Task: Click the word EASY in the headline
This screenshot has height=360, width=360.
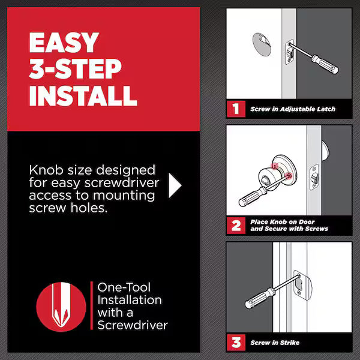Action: pyautogui.click(x=64, y=44)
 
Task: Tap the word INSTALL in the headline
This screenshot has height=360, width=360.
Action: pyautogui.click(x=83, y=95)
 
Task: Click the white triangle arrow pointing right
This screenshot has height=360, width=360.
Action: pyautogui.click(x=174, y=186)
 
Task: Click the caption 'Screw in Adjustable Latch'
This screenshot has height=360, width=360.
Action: pyautogui.click(x=292, y=109)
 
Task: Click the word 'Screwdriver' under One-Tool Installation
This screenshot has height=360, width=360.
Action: pyautogui.click(x=132, y=325)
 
